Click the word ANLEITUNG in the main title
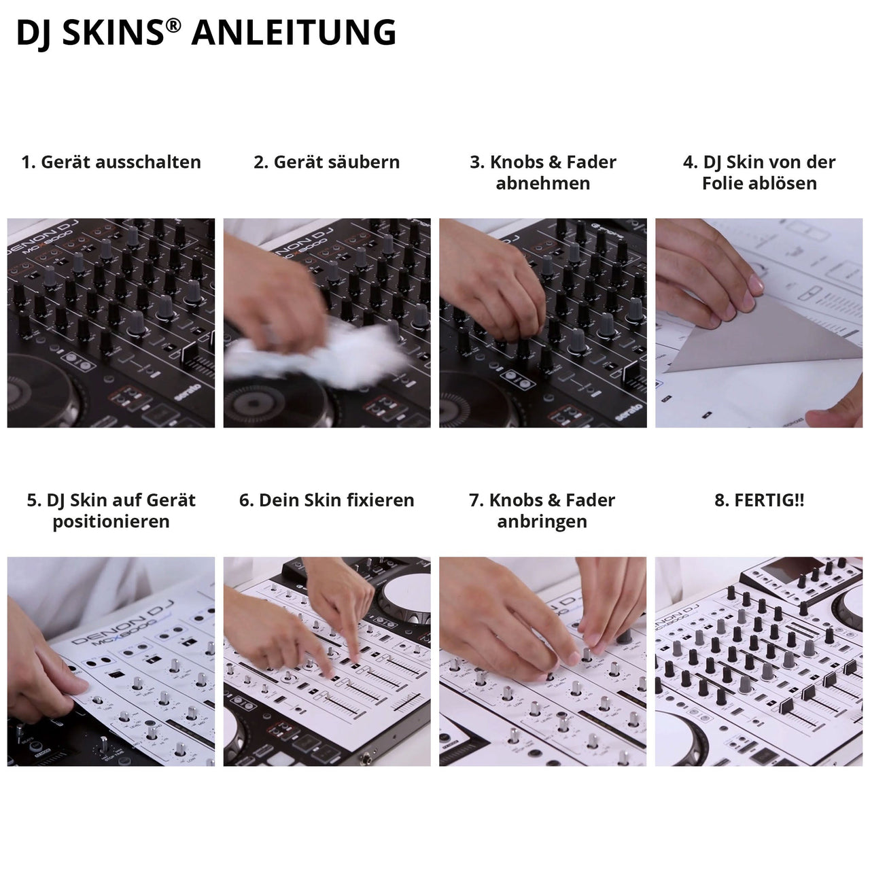pyautogui.click(x=294, y=33)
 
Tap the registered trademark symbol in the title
pyautogui.click(x=174, y=25)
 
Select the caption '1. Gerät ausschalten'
pyautogui.click(x=111, y=162)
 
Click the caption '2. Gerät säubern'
pyautogui.click(x=326, y=162)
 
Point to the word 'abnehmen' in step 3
pyautogui.click(x=542, y=184)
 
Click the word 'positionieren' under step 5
pyautogui.click(x=111, y=522)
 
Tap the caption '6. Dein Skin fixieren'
pyautogui.click(x=326, y=501)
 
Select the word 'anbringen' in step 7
pyautogui.click(x=542, y=522)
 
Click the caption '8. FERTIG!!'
pyautogui.click(x=759, y=501)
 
